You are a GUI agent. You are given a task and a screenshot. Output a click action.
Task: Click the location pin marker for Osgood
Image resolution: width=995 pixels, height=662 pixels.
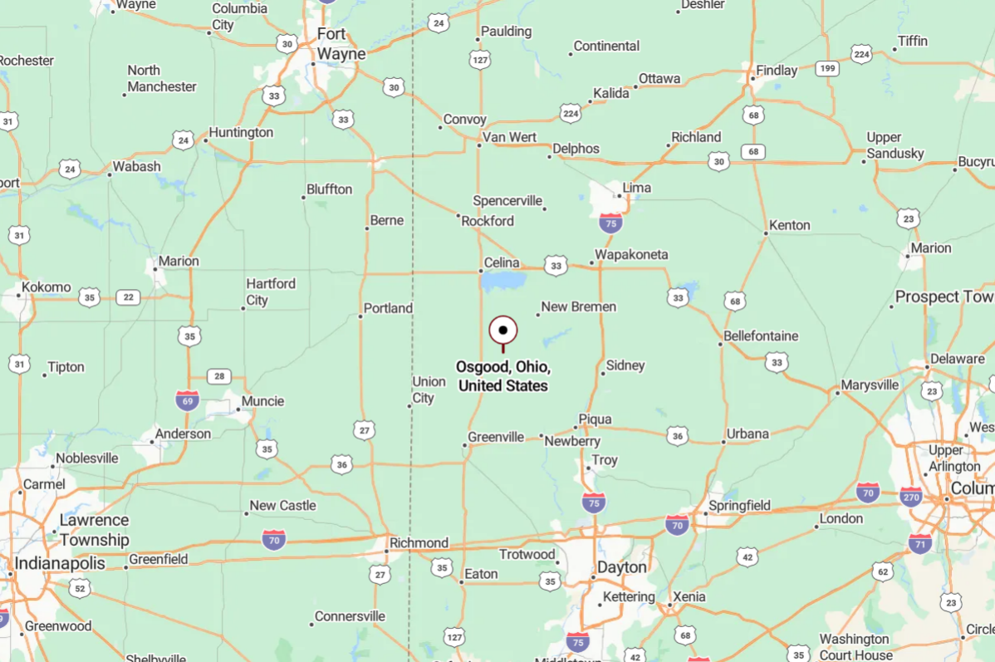coord(502,331)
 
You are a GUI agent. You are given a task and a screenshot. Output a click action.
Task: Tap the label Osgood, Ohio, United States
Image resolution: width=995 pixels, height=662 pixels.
coord(502,376)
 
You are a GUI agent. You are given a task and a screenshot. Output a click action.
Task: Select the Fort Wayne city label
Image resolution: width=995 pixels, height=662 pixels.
coord(341,44)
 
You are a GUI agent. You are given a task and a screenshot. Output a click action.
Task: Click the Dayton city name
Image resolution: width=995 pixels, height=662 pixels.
coord(621,567)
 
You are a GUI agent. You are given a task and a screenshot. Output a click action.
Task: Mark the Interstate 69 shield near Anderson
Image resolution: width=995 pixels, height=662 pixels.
coord(187,401)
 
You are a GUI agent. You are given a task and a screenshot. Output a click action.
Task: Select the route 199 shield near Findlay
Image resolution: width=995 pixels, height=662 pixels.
coord(826,69)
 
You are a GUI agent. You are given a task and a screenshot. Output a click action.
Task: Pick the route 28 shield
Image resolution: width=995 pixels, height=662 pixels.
coord(218,376)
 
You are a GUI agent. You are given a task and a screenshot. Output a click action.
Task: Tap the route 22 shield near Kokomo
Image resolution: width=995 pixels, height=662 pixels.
coord(128,297)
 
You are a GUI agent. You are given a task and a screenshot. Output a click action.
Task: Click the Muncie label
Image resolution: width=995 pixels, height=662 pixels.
coord(262,401)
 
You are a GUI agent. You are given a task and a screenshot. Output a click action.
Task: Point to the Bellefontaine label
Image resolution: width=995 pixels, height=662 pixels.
coord(761,336)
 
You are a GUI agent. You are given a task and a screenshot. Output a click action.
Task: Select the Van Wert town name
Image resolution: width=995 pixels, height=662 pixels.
coord(509,137)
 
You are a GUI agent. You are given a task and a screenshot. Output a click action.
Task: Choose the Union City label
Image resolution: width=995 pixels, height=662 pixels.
coord(429,390)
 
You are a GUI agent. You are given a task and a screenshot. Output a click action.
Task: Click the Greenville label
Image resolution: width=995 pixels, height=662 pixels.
coord(496,437)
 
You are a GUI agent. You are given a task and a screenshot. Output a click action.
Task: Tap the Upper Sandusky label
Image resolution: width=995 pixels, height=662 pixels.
coord(895,145)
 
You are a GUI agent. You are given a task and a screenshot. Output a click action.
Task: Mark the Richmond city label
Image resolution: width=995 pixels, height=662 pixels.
coord(419,543)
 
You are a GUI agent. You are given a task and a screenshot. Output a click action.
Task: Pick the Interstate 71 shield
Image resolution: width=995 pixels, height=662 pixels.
coord(919,544)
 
